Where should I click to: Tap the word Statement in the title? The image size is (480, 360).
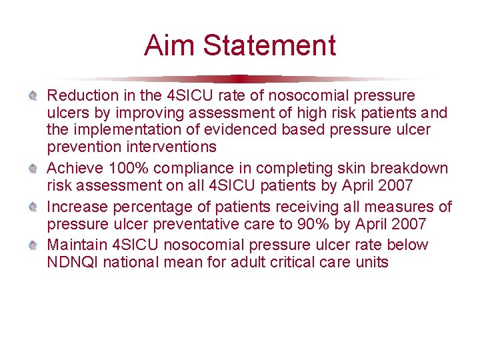coord(269,46)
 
